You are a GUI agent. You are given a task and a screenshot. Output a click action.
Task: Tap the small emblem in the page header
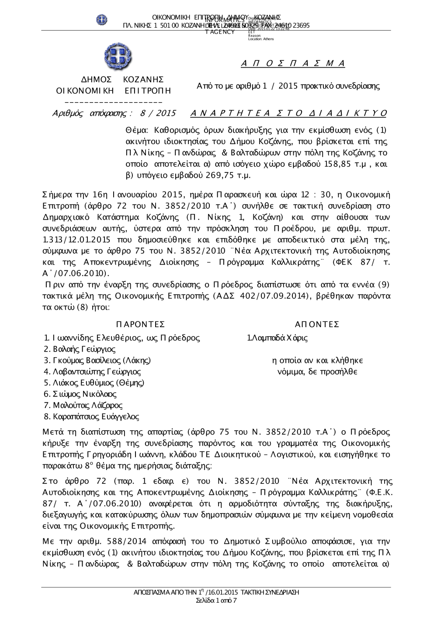click(x=102, y=20)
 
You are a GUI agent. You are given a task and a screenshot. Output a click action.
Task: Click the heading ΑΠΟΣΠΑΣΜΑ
click(x=293, y=64)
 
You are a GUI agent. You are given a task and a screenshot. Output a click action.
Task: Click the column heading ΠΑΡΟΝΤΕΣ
click(x=141, y=324)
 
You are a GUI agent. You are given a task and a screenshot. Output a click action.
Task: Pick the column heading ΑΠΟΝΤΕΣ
click(x=317, y=324)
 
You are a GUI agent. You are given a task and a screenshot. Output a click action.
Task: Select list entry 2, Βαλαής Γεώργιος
click(x=80, y=349)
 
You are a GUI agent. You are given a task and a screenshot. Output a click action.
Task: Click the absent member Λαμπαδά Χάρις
click(x=277, y=338)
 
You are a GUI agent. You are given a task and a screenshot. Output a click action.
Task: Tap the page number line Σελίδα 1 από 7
click(x=217, y=601)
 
